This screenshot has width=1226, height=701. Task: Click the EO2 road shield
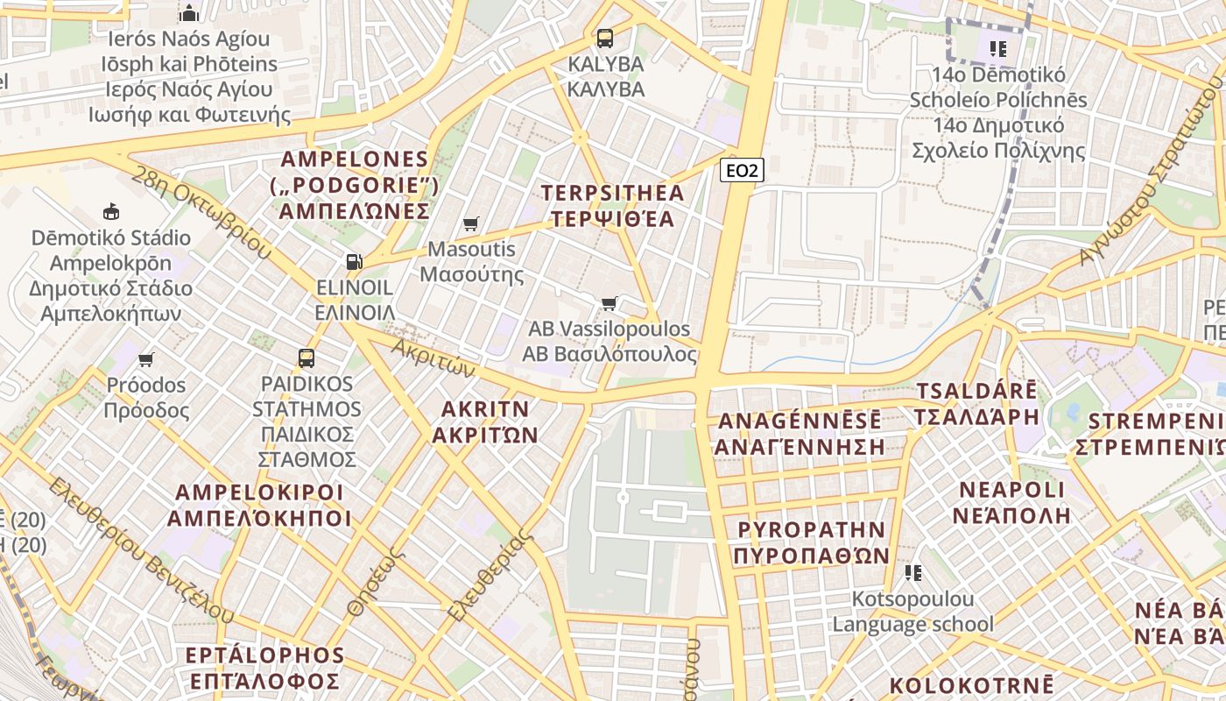(x=742, y=170)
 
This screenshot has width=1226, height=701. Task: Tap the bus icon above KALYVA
(x=604, y=38)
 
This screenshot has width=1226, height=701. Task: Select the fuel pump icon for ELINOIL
(x=354, y=261)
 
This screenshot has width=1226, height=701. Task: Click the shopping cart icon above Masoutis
(x=471, y=224)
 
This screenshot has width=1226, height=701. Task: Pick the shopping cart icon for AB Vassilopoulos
(x=609, y=303)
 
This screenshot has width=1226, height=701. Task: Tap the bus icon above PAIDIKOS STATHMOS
(x=306, y=358)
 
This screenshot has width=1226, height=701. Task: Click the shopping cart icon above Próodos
(x=146, y=359)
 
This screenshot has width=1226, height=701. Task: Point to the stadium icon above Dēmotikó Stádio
(x=111, y=211)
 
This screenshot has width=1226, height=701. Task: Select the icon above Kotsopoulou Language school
(x=912, y=573)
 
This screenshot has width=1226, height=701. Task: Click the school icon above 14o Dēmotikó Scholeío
(x=997, y=49)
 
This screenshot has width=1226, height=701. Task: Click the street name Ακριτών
(x=433, y=358)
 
